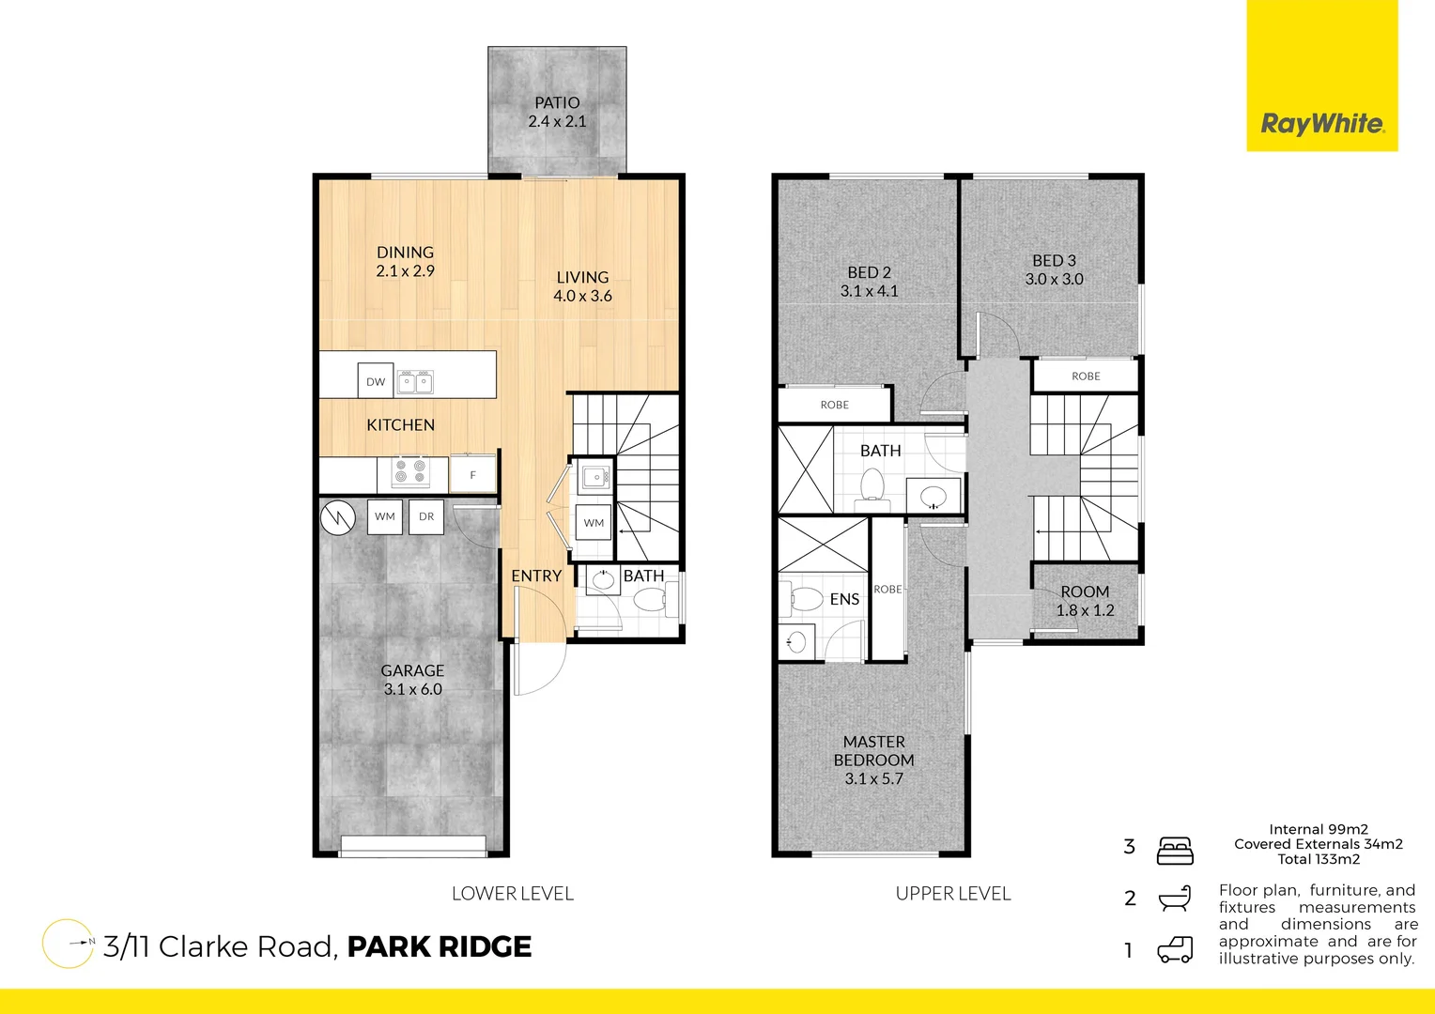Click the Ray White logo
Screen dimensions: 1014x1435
[x=1322, y=123]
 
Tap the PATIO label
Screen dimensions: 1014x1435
[x=557, y=102]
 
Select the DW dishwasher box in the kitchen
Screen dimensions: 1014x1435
[x=376, y=381]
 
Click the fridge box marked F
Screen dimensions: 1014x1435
[x=472, y=475]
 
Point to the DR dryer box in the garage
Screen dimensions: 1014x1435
[x=426, y=516]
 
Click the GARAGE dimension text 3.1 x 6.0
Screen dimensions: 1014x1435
[x=412, y=689]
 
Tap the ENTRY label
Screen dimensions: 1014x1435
[x=536, y=576]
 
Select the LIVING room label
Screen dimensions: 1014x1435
[x=582, y=277]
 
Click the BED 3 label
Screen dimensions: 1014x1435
[x=1054, y=260]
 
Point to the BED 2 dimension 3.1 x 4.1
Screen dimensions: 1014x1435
[x=869, y=291]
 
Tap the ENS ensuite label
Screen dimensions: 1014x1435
[x=844, y=599]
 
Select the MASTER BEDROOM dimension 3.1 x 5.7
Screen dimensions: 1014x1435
[x=873, y=778]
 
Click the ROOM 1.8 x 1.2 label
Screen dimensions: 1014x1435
[x=1085, y=601]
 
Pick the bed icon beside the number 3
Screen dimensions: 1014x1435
[x=1175, y=850]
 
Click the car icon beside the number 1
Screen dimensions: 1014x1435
[x=1175, y=950]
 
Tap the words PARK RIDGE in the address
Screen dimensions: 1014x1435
[x=439, y=946]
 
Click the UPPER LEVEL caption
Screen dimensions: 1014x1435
[x=953, y=894]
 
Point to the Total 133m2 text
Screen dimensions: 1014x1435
[x=1319, y=859]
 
